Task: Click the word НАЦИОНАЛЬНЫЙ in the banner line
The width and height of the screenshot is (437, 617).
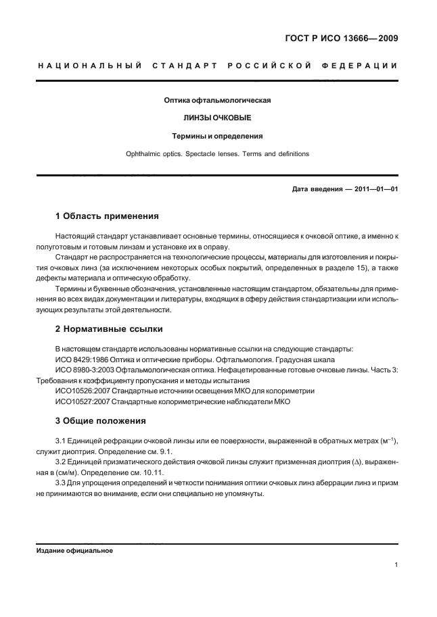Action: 89,66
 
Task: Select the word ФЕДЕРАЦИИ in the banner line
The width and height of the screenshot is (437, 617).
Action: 364,66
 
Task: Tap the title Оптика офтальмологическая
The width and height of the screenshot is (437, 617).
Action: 218,101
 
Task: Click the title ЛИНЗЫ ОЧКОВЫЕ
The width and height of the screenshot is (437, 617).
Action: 218,118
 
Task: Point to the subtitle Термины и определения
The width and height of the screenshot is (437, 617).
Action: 218,136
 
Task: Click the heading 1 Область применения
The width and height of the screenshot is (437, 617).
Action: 106,217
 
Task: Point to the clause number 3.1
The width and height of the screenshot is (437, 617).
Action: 60,441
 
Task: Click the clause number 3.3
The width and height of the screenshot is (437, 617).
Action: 60,483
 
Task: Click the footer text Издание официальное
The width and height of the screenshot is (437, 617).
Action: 74,551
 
